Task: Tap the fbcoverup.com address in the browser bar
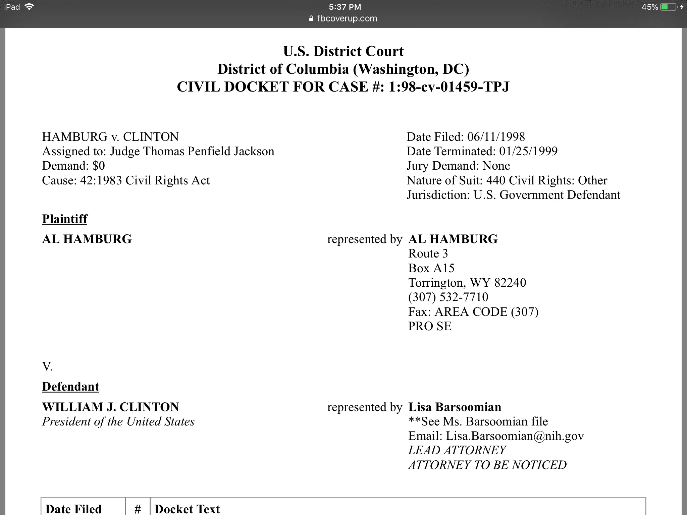pyautogui.click(x=347, y=18)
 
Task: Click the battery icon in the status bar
pyautogui.click(x=669, y=7)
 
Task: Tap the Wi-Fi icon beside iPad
pyautogui.click(x=30, y=7)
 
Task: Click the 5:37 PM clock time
pyautogui.click(x=345, y=7)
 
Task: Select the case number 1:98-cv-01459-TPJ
pyautogui.click(x=449, y=87)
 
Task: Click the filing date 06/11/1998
pyautogui.click(x=496, y=137)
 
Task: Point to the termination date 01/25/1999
pyautogui.click(x=528, y=151)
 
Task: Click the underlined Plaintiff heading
pyautogui.click(x=65, y=219)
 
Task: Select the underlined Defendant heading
pyautogui.click(x=70, y=387)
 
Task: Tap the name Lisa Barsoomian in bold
pyautogui.click(x=455, y=407)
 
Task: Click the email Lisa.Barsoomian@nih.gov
pyautogui.click(x=515, y=436)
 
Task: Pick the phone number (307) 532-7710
pyautogui.click(x=448, y=297)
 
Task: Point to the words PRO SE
pyautogui.click(x=430, y=326)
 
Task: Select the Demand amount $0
pyautogui.click(x=99, y=166)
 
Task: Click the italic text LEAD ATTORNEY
pyautogui.click(x=457, y=450)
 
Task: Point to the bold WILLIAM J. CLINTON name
pyautogui.click(x=111, y=407)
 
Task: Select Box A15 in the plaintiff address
pyautogui.click(x=431, y=268)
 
